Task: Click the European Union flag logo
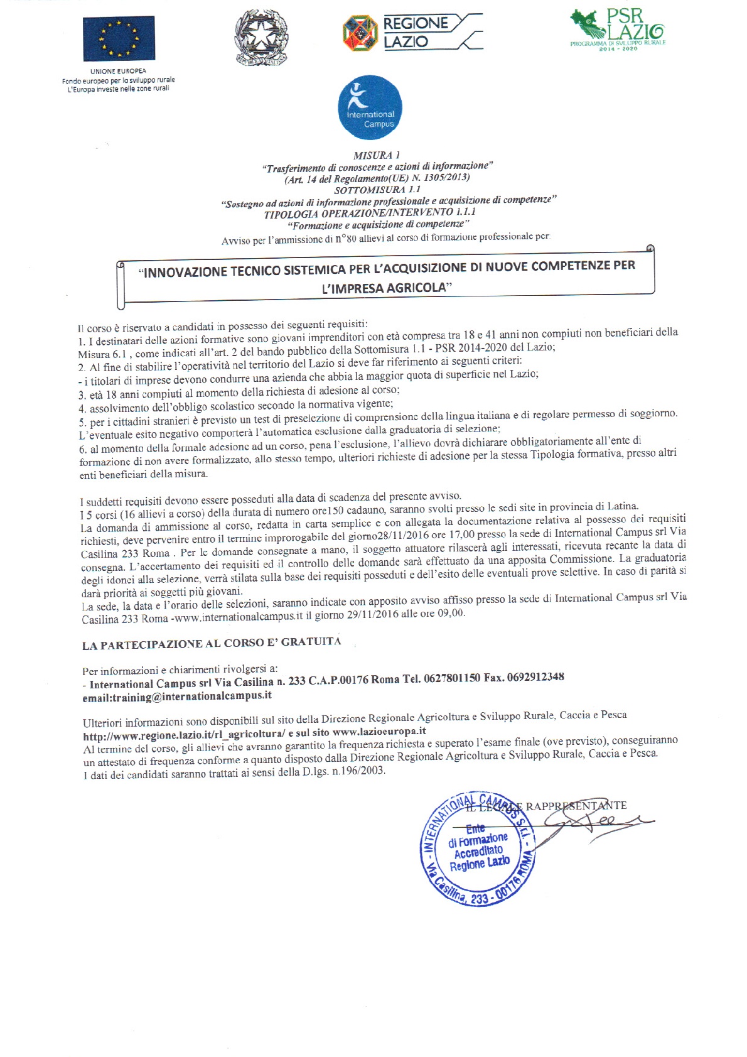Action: [119, 38]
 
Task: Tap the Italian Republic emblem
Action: [260, 38]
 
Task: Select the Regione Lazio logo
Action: [412, 33]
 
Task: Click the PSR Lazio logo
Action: [618, 30]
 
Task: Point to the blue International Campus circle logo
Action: [370, 107]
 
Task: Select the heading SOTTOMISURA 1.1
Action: [377, 190]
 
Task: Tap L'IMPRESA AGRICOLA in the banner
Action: [387, 288]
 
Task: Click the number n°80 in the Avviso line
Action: [345, 239]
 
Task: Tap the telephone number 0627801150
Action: [452, 678]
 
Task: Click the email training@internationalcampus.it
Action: [177, 697]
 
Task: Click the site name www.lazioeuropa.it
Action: [379, 731]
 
